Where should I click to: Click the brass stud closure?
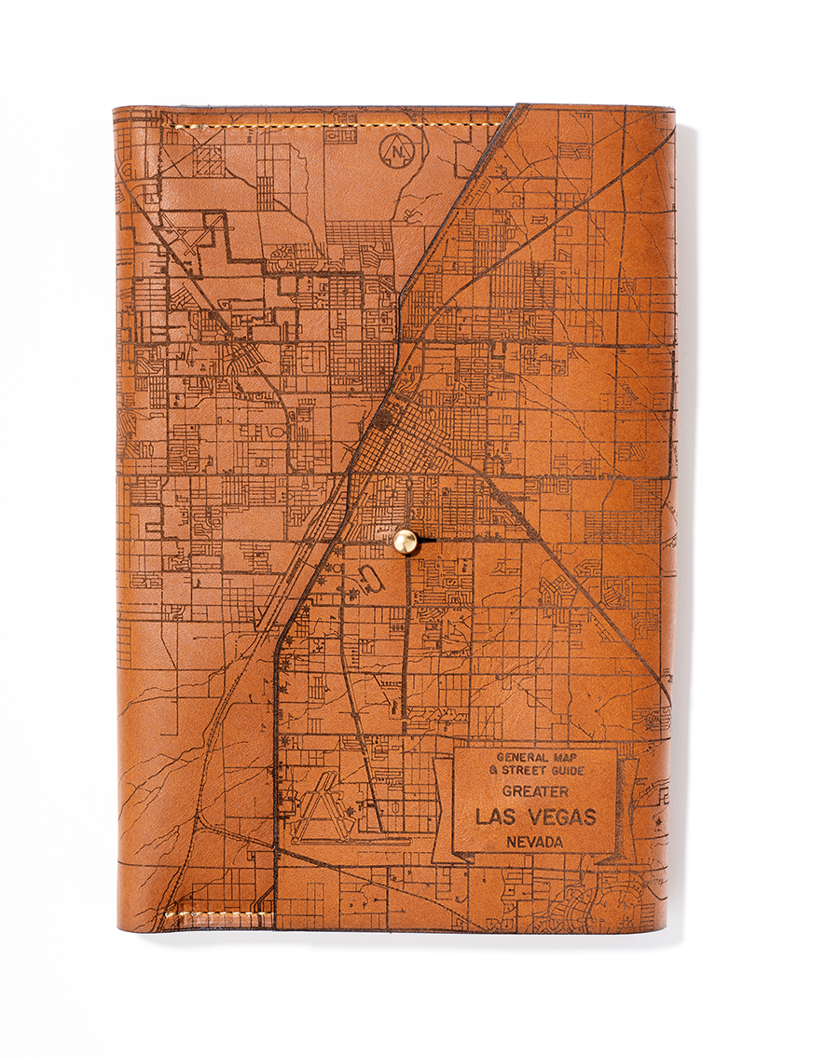click(406, 542)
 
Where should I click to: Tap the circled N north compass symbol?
click(398, 149)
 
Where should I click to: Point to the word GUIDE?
click(567, 771)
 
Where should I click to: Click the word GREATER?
click(535, 792)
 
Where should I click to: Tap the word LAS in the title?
click(499, 818)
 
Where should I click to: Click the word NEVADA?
click(535, 842)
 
